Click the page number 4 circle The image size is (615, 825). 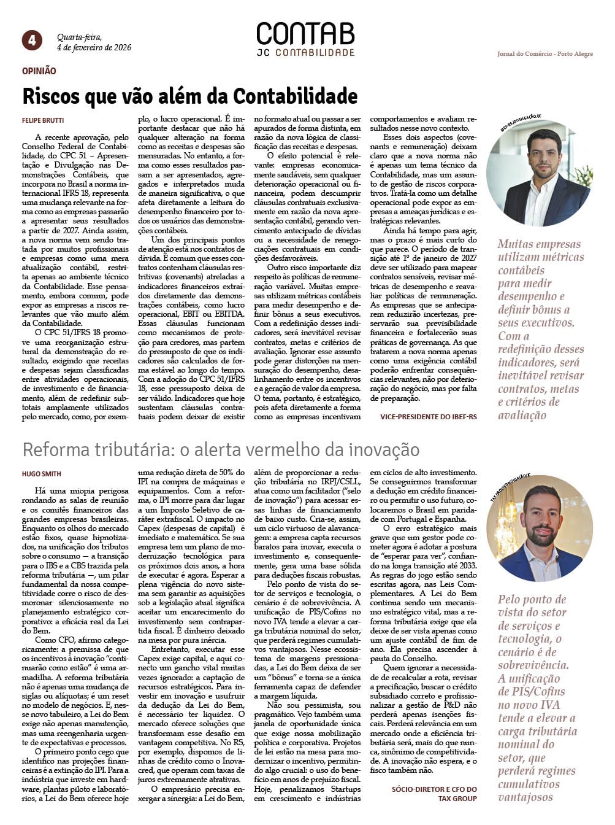pyautogui.click(x=32, y=41)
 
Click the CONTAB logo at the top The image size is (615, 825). pyautogui.click(x=305, y=34)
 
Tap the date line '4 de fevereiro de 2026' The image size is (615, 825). pyautogui.click(x=94, y=47)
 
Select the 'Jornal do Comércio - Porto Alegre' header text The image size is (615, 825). pyautogui.click(x=544, y=54)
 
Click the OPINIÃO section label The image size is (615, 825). pyautogui.click(x=39, y=71)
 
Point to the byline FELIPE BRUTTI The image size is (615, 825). pyautogui.click(x=43, y=120)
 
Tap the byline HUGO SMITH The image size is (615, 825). pyautogui.click(x=42, y=474)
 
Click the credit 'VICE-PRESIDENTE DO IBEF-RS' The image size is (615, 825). pyautogui.click(x=428, y=417)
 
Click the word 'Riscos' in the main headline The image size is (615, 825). pyautogui.click(x=51, y=96)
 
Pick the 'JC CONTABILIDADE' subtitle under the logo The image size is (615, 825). pyautogui.click(x=305, y=53)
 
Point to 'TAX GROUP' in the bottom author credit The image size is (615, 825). pyautogui.click(x=457, y=799)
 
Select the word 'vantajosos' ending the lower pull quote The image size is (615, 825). pyautogui.click(x=525, y=797)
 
